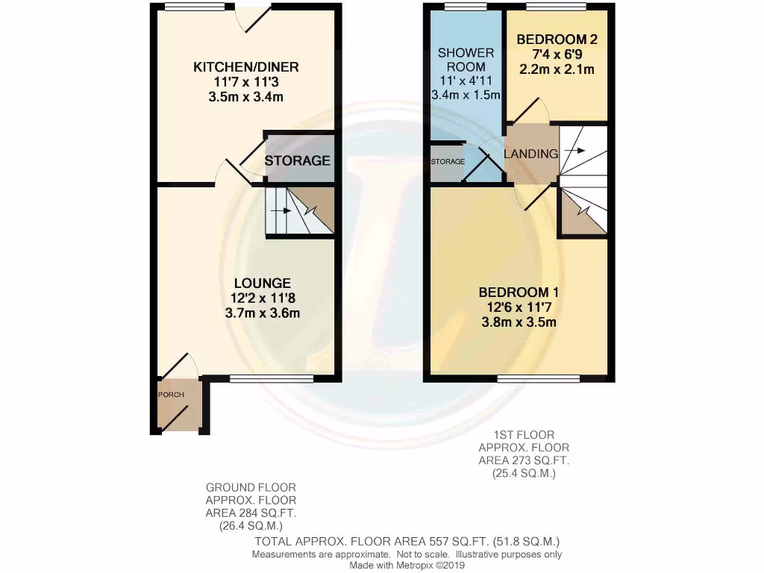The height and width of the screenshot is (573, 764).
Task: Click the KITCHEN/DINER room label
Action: pyautogui.click(x=240, y=67)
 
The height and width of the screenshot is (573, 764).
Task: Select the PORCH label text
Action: pyautogui.click(x=170, y=394)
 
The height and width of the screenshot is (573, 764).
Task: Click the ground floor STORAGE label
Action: pyautogui.click(x=297, y=160)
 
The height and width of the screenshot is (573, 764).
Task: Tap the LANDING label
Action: pyautogui.click(x=531, y=154)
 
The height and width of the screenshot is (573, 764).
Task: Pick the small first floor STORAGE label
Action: pyautogui.click(x=447, y=161)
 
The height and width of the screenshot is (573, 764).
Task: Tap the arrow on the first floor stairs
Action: pyautogui.click(x=576, y=151)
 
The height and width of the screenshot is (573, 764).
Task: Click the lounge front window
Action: pyautogui.click(x=272, y=379)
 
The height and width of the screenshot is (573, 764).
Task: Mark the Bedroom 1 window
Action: pyautogui.click(x=537, y=379)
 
